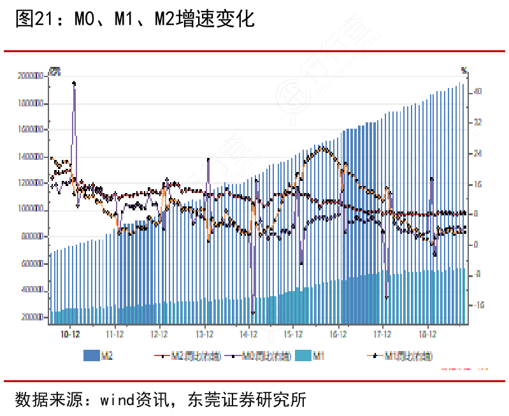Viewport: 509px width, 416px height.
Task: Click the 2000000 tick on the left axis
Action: point(30,76)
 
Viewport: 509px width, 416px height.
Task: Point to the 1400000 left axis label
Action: point(30,156)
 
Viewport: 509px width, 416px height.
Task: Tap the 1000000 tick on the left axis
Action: point(30,210)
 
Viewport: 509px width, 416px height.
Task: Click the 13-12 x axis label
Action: point(204,333)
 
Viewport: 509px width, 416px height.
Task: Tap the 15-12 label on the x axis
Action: point(292,333)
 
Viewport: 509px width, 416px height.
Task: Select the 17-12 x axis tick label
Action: point(382,333)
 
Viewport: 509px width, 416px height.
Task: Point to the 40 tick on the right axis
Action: point(477,92)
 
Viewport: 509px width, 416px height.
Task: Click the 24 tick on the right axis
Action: point(477,154)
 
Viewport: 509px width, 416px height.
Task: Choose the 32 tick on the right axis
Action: point(477,122)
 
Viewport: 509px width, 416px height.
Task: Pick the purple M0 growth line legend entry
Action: point(258,357)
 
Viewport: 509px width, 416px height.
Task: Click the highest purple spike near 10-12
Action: point(74,83)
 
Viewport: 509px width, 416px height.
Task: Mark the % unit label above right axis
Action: point(464,69)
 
